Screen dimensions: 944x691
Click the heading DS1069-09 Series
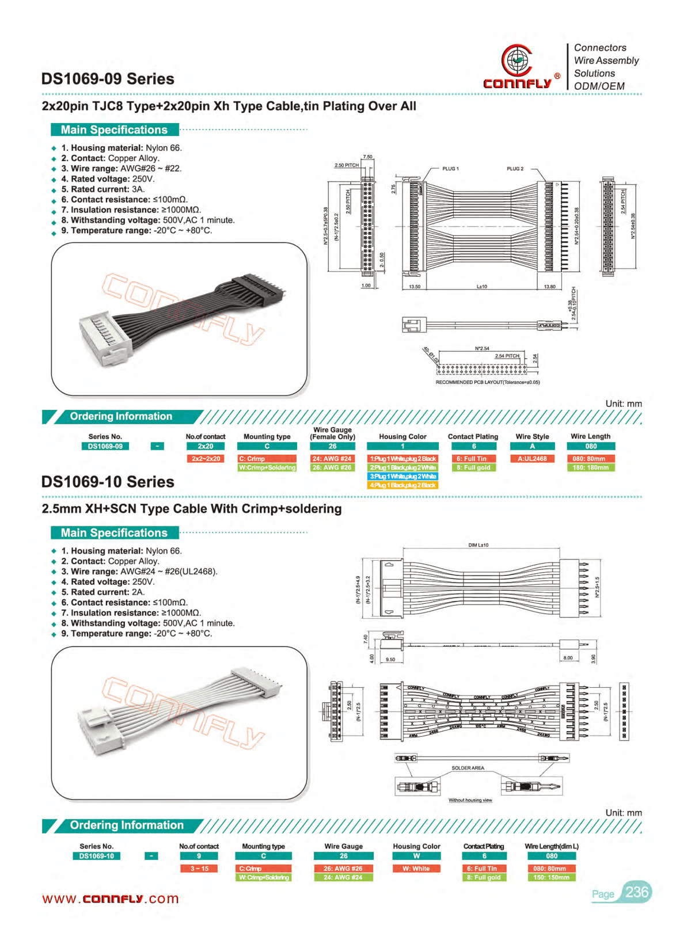(108, 79)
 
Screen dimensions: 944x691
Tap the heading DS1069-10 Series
(108, 482)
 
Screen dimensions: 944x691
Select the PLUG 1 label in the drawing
(450, 169)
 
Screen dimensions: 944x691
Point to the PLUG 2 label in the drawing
(515, 169)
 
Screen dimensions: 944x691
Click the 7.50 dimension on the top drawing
(367, 157)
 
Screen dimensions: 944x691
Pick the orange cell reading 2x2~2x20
(206, 459)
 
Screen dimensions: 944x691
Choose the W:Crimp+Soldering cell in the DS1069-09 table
(267, 467)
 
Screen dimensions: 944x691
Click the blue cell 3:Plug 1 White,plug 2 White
(403, 477)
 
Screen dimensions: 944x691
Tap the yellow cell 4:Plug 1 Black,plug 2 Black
(403, 485)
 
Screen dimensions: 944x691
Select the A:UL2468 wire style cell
(533, 459)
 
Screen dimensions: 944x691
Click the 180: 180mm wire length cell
(590, 467)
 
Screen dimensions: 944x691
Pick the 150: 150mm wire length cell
(551, 877)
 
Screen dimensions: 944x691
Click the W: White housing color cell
(416, 869)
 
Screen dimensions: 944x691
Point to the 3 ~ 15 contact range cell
(199, 869)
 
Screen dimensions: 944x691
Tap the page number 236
(637, 892)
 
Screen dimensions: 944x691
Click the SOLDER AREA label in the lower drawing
(468, 768)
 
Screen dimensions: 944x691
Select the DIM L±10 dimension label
(478, 545)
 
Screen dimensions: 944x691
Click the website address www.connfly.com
(111, 899)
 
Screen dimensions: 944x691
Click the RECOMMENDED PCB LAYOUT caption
(487, 382)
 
